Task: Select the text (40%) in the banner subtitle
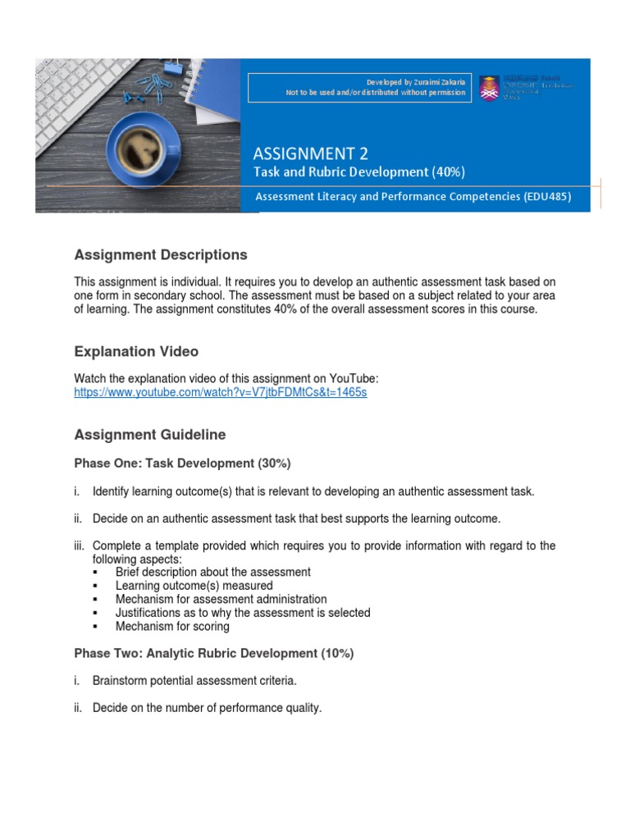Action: click(x=448, y=171)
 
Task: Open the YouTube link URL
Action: click(x=220, y=393)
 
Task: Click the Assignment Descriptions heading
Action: click(x=160, y=255)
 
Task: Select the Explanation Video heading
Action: click(x=136, y=351)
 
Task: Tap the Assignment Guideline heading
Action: click(x=149, y=434)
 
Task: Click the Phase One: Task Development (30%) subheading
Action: click(x=182, y=463)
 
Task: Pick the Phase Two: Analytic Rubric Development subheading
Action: click(x=213, y=654)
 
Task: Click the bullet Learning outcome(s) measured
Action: click(x=194, y=586)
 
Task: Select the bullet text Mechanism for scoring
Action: click(x=172, y=626)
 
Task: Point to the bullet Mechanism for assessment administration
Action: click(x=221, y=599)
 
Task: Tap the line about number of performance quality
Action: click(x=207, y=708)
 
